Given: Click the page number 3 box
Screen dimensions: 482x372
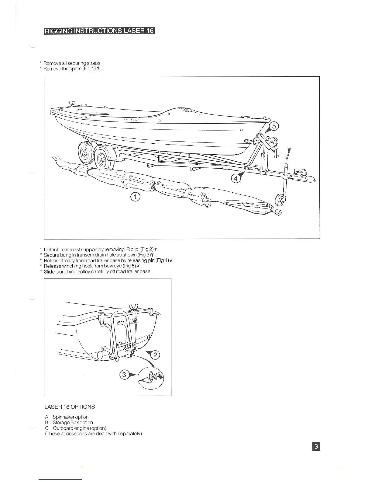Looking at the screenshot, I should (x=316, y=446).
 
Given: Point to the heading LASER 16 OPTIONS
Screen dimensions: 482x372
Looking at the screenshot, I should (x=70, y=407).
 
